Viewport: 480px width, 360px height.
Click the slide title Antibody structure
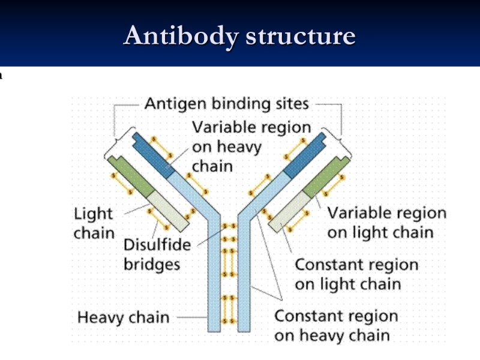coord(239,36)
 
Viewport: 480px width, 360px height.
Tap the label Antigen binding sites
coord(226,104)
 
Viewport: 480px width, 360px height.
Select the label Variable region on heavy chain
coord(251,146)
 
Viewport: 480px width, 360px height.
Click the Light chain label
coord(94,223)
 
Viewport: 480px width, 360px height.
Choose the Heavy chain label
coord(123,317)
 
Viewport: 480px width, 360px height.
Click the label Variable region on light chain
coord(386,223)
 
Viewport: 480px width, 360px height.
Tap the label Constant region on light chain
coord(356,274)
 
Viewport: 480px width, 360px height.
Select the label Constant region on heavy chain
coord(336,325)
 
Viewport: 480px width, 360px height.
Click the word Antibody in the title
coord(179,36)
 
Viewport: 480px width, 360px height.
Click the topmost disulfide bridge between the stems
coord(229,227)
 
